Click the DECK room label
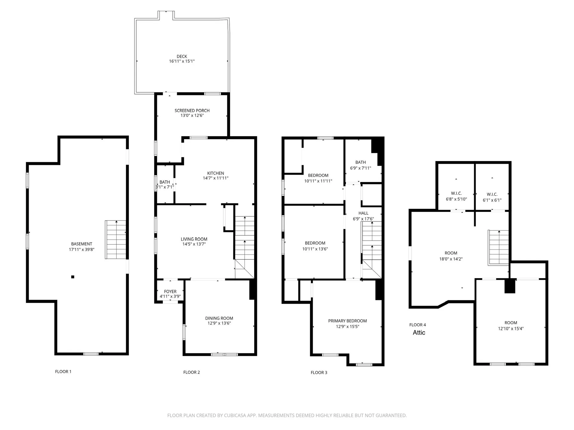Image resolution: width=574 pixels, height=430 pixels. [x=182, y=56]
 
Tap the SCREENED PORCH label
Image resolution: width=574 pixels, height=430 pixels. [x=192, y=111]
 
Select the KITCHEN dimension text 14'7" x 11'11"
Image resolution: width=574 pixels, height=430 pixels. [x=216, y=178]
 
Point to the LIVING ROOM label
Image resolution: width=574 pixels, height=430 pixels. [x=194, y=239]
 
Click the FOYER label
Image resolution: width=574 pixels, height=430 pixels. [x=170, y=291]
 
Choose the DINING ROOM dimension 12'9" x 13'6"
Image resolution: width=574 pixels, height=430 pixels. [x=219, y=323]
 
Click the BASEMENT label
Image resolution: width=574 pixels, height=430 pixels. [x=82, y=244]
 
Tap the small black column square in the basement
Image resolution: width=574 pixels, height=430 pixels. [x=73, y=277]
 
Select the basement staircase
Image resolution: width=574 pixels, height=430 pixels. [x=116, y=240]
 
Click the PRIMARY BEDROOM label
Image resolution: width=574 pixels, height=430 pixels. [x=347, y=321]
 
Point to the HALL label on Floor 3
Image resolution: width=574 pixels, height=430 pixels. [x=363, y=213]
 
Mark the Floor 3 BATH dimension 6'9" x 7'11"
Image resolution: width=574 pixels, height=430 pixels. [x=361, y=168]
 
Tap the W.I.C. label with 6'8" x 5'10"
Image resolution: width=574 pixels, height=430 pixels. [x=456, y=193]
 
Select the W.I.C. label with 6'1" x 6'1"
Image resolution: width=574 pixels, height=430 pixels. [x=492, y=195]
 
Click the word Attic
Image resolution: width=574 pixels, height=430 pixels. [x=419, y=333]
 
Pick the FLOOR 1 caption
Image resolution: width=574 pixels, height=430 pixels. [x=63, y=372]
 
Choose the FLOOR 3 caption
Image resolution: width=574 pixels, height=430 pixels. [x=319, y=373]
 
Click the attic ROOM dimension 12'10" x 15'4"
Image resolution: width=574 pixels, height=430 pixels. [x=511, y=329]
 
